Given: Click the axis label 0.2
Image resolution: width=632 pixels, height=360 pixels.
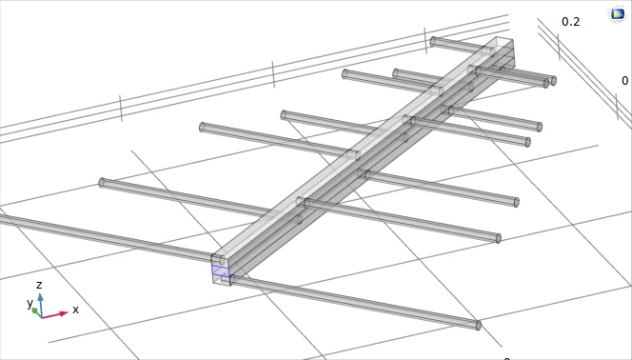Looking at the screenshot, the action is point(571,22).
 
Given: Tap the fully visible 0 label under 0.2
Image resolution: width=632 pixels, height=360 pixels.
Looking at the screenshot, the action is point(624,81).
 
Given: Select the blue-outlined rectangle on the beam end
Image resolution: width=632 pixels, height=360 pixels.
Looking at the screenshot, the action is point(221,270).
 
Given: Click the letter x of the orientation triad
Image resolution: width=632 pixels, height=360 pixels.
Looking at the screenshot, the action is point(75,310).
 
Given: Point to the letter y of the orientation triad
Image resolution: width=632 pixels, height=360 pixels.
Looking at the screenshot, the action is point(30,303).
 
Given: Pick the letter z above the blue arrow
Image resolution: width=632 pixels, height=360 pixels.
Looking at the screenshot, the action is point(39,285).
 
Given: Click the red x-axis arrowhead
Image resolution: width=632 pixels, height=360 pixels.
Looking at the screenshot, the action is point(64,313).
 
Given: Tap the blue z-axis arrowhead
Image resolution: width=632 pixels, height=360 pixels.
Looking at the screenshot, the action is point(40,297).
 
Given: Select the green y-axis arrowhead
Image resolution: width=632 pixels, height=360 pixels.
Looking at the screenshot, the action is point(35,310).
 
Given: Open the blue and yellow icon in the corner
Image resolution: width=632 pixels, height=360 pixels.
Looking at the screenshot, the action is point(618,14).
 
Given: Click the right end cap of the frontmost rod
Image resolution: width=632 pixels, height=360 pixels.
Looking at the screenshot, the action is point(479,325).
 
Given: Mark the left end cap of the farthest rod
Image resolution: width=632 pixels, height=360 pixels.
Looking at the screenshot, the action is point(433,41).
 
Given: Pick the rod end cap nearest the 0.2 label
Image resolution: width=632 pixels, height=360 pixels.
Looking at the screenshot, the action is point(554,81).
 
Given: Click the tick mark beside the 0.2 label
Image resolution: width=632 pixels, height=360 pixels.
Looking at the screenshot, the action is point(559,47).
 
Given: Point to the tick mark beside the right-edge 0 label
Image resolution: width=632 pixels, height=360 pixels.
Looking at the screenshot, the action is point(617,107).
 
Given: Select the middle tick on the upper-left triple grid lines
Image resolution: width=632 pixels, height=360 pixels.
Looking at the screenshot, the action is point(273,74).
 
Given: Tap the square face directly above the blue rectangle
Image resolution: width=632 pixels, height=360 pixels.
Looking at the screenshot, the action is point(221,260).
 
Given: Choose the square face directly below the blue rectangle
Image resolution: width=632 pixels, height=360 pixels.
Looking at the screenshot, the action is point(221,281).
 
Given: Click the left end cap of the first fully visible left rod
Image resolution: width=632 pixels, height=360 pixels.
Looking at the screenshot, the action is point(102,183).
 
